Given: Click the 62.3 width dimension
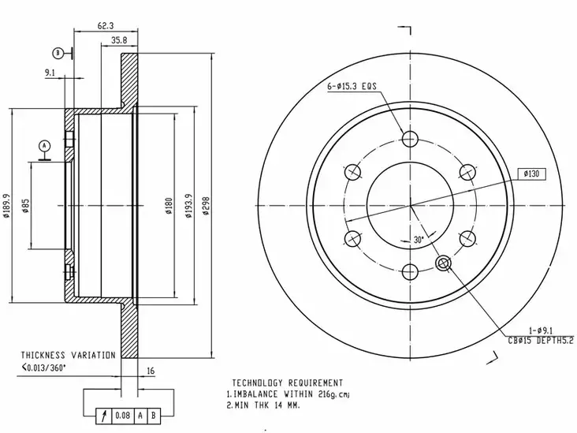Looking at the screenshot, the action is (x=106, y=25).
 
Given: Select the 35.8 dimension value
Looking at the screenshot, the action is (x=119, y=40).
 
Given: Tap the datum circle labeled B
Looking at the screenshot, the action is (x=58, y=54).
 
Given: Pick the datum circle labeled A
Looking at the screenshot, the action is (x=45, y=146).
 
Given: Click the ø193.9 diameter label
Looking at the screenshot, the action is (x=188, y=206).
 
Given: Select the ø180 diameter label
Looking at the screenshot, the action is (x=169, y=206).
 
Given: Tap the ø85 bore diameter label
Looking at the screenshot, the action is (x=25, y=206).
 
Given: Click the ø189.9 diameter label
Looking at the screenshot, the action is (x=6, y=206).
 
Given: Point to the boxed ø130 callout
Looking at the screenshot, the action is (x=531, y=174).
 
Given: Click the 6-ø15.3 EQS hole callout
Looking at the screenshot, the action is (x=352, y=86).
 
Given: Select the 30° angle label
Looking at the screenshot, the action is (x=419, y=240).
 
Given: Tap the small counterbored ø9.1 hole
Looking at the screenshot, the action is (x=444, y=263).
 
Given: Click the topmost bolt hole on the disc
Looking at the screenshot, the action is (x=410, y=139).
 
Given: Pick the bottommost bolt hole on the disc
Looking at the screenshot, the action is (x=410, y=272).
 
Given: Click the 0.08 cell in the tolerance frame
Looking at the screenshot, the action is (x=122, y=416).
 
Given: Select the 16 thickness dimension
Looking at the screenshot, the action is (x=151, y=371).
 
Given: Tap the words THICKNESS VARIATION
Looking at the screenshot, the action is (x=68, y=355).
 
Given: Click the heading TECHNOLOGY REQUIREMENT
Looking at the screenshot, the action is (x=288, y=383).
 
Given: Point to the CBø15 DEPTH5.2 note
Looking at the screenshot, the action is (x=541, y=341).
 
